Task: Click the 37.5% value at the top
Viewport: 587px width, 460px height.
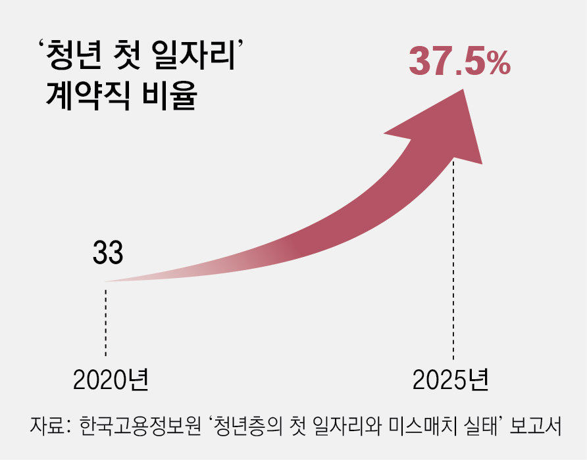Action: point(459,62)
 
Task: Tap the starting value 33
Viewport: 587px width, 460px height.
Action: point(108,254)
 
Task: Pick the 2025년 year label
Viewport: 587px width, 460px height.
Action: point(451,380)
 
